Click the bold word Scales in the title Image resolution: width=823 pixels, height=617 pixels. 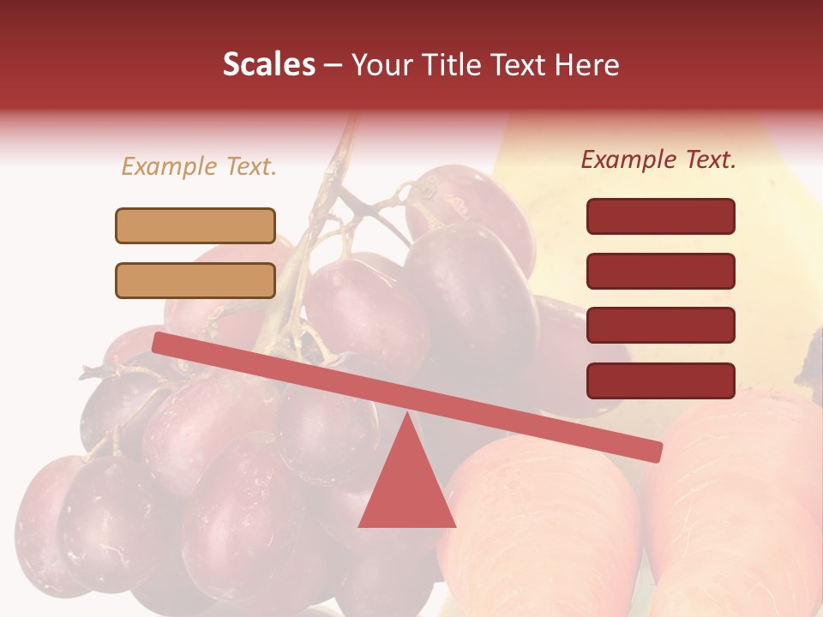coord(268,65)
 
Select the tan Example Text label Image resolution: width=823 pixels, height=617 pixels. coord(199,167)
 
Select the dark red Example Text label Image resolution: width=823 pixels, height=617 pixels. coord(658,159)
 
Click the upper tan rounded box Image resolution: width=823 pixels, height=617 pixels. coord(195,225)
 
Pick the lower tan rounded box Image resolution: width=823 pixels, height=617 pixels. coord(195,280)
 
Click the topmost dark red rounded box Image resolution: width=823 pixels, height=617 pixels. coord(660,216)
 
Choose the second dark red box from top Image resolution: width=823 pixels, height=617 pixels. coord(660,271)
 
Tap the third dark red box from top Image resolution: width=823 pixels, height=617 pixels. coord(660,326)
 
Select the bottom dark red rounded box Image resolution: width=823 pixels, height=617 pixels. coord(660,380)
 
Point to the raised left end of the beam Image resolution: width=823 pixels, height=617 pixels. coord(160,342)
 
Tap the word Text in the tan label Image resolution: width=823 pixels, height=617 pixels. coord(249,167)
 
